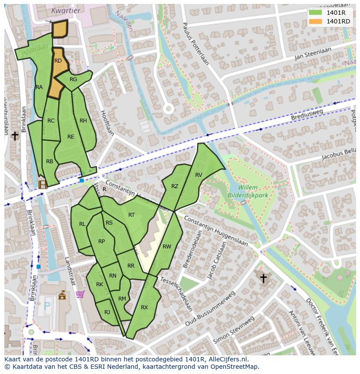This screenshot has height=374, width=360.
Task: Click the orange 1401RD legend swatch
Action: [315, 21]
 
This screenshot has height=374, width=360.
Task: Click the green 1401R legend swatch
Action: [315, 13]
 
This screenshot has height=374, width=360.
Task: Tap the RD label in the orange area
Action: [58, 61]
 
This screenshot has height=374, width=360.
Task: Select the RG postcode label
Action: [73, 79]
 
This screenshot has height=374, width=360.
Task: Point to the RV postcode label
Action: [199, 175]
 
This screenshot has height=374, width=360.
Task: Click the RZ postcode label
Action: [175, 186]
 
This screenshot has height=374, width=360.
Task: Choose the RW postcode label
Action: [167, 247]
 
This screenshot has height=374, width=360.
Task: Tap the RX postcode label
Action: [144, 308]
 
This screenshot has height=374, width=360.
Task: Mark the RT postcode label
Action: [131, 215]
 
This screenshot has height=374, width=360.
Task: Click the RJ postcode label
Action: [107, 312]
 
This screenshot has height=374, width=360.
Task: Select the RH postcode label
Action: [83, 121]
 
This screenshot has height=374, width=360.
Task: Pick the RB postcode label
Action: [50, 162]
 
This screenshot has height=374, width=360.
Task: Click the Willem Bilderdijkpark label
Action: [248, 192]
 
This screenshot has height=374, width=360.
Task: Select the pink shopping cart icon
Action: [80, 294]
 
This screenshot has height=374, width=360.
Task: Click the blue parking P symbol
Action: [47, 306]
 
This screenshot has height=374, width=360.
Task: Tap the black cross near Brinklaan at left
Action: [15, 136]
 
